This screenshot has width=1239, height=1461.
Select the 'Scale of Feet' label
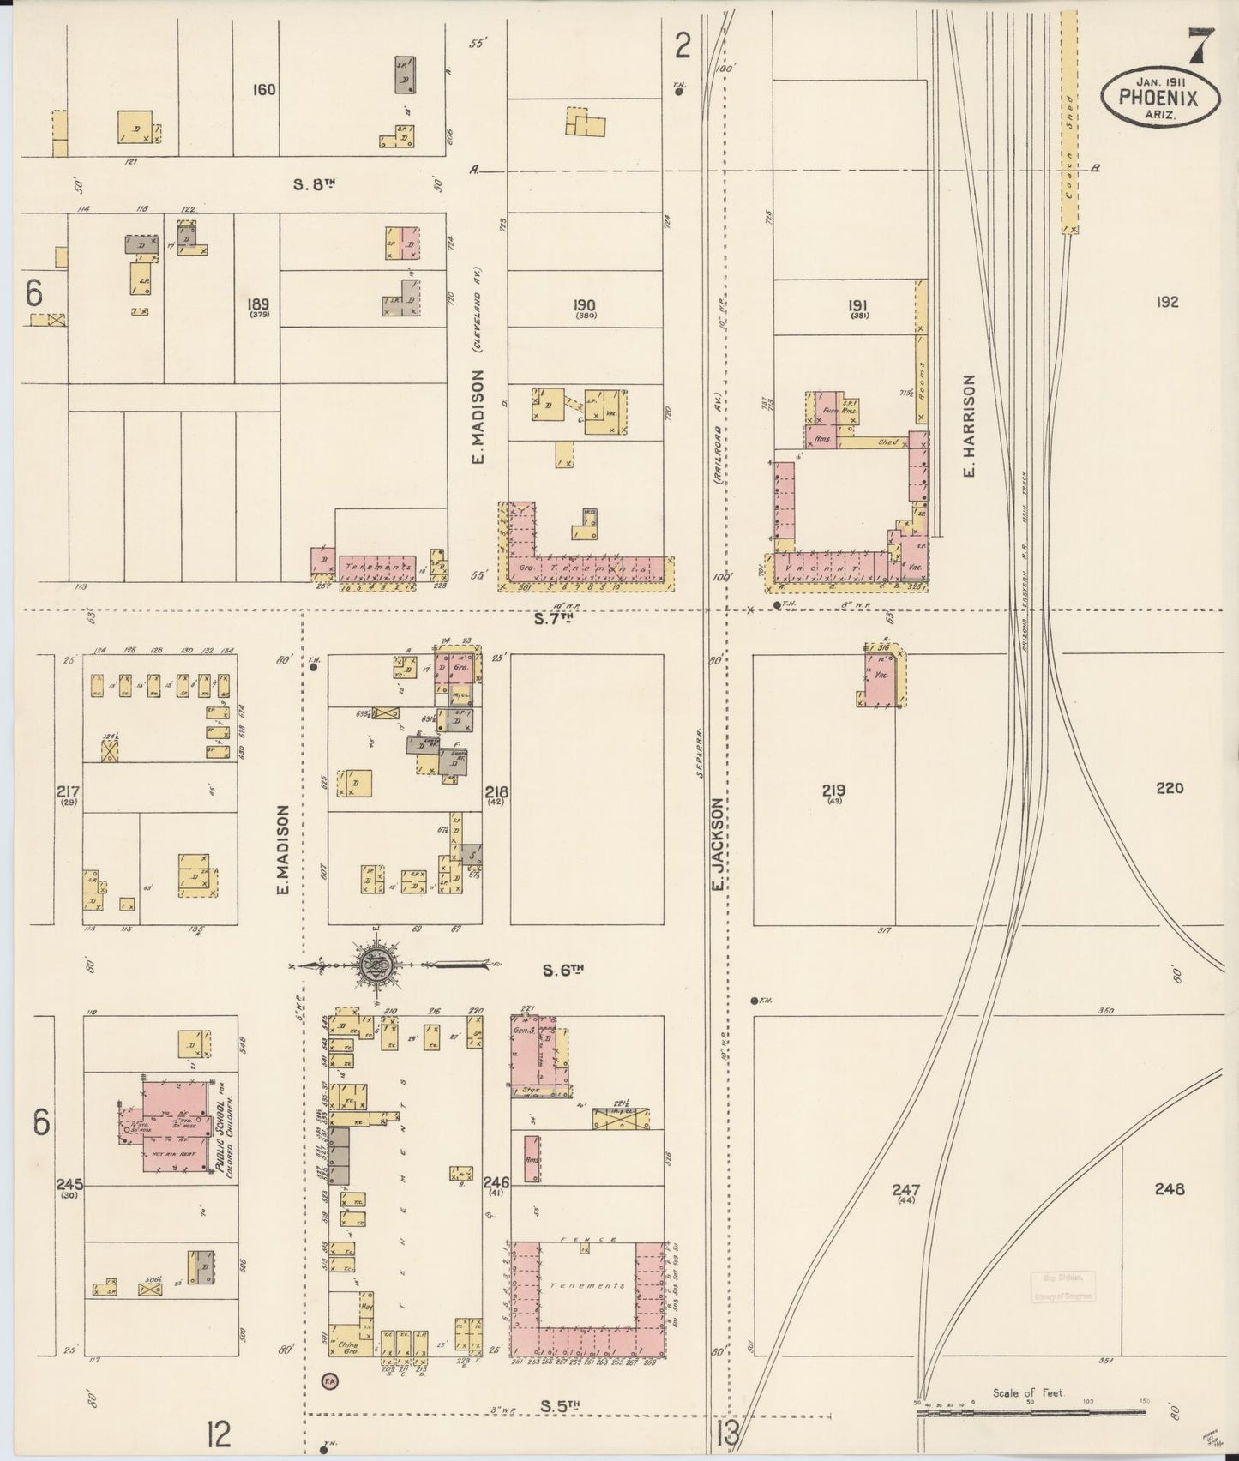point(1028,1393)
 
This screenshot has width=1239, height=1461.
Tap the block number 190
point(586,305)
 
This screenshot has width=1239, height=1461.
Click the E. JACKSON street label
point(719,845)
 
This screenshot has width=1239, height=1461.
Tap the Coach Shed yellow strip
point(1068,120)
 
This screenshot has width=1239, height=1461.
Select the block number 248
point(1169,1189)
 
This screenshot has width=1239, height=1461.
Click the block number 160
point(263,89)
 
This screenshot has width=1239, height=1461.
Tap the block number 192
point(1166,302)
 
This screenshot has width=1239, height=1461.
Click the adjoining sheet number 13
point(727,1430)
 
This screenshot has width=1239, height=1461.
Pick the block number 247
point(905,1190)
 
